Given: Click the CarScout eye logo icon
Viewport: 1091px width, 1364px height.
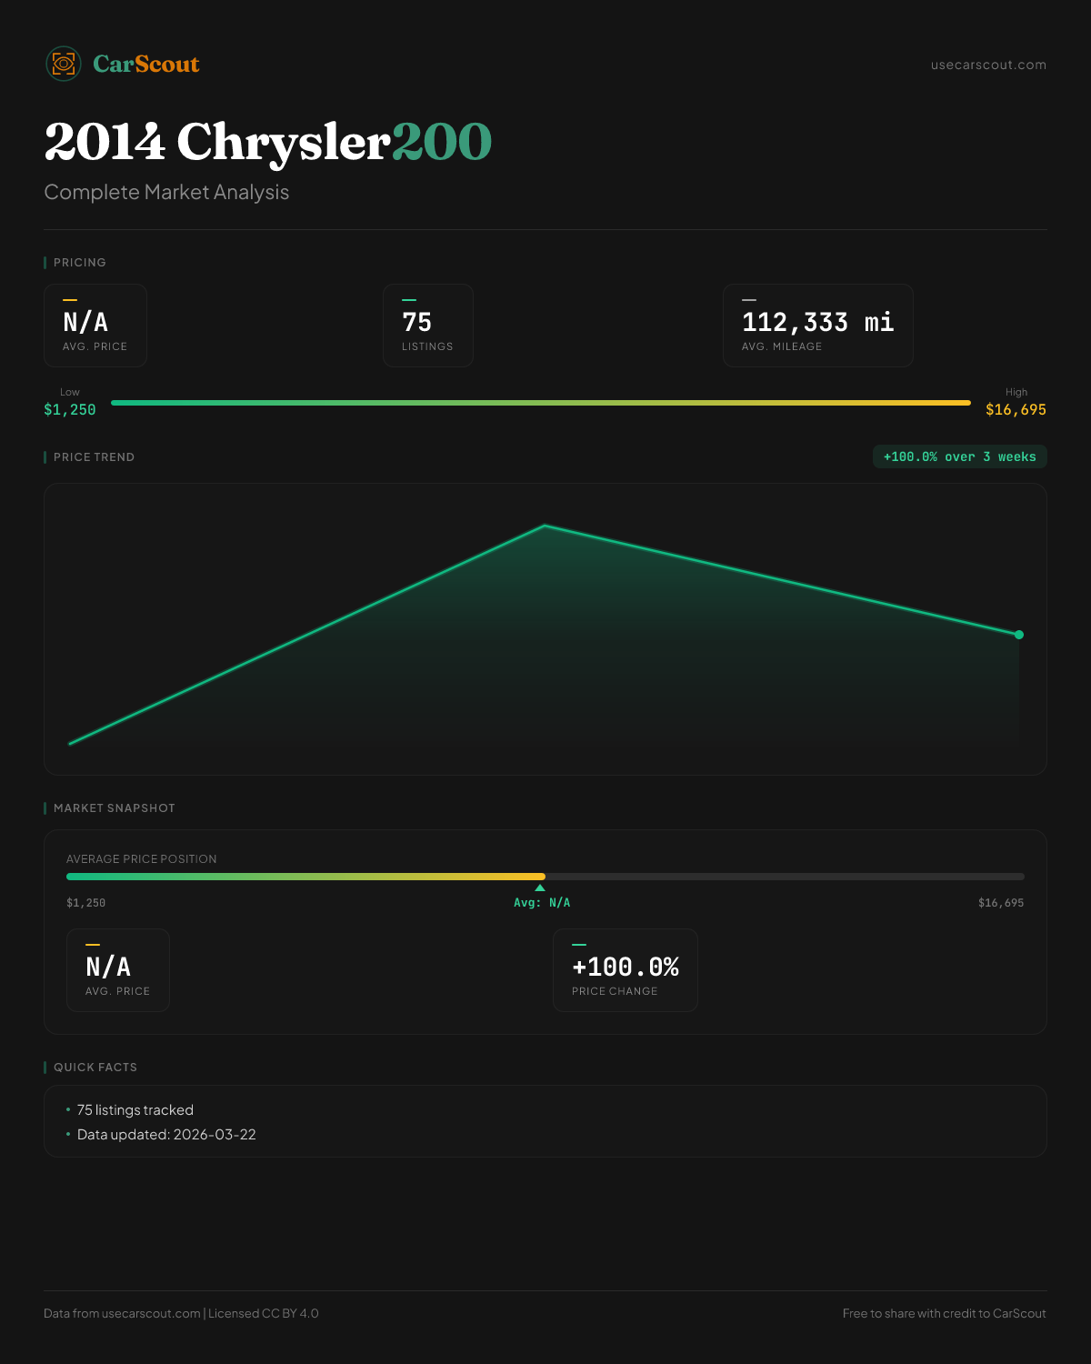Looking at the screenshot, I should tap(64, 64).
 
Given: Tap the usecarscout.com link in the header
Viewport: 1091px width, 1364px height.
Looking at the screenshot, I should tap(988, 65).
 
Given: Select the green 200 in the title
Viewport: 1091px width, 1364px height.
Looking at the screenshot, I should tap(442, 142).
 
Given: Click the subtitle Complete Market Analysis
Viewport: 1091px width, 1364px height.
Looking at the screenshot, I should tap(166, 192).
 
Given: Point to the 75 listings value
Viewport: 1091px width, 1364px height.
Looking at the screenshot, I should tap(416, 322).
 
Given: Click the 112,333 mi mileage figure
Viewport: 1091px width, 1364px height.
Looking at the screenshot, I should tap(817, 322).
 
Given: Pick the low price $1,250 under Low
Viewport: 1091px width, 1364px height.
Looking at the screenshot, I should tap(70, 410).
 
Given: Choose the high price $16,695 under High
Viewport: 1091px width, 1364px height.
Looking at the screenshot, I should tap(1016, 410).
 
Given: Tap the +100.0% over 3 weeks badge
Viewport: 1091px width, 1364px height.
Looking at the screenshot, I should tap(959, 456).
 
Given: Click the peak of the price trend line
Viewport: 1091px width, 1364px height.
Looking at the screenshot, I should tap(545, 526).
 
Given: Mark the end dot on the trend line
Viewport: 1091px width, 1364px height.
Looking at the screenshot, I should tap(1019, 635).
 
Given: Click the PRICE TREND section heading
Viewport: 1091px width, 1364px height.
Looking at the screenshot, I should tap(94, 456).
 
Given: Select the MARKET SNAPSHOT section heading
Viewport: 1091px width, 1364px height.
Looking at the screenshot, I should tap(114, 807).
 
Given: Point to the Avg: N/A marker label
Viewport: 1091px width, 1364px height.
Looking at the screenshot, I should tap(542, 903).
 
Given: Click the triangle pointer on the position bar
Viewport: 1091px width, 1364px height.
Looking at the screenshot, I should tap(540, 888).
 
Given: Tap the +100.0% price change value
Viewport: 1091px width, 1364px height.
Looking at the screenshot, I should tap(626, 967).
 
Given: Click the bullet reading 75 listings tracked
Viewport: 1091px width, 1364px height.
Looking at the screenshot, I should tap(135, 1110).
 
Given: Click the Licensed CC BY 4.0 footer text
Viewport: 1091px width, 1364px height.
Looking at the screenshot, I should tap(263, 1313).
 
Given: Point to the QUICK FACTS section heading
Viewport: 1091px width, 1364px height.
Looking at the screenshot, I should tap(95, 1067).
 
